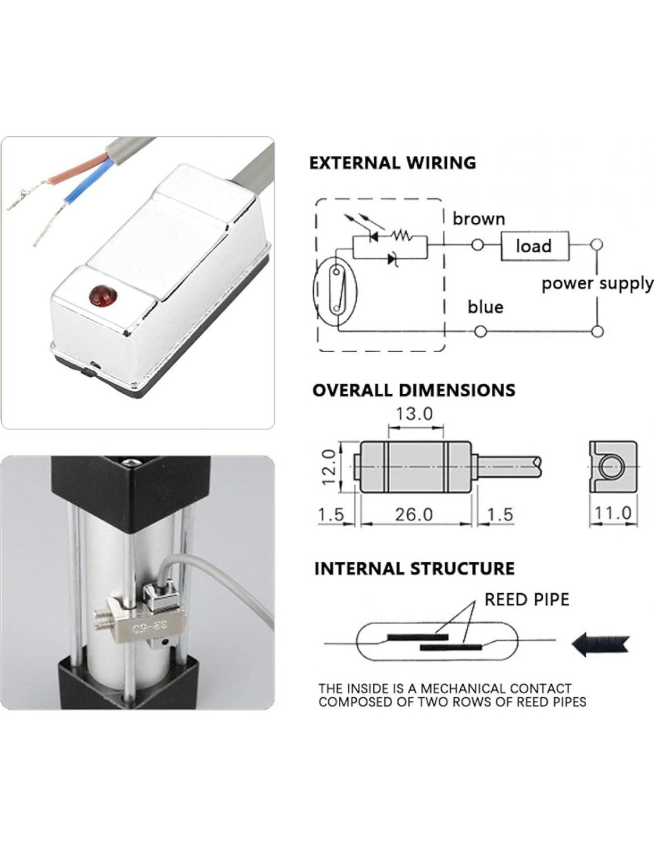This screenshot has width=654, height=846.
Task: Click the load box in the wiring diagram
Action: [534, 245]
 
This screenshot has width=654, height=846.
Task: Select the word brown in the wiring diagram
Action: [479, 219]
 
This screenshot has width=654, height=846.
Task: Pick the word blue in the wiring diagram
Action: [485, 307]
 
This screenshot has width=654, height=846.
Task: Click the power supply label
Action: [597, 283]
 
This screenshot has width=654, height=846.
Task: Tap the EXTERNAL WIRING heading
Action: [392, 162]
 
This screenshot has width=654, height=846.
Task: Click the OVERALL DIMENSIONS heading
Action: [414, 390]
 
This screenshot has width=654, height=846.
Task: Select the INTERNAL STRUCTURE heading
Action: [414, 569]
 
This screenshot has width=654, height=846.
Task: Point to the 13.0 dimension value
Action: [414, 413]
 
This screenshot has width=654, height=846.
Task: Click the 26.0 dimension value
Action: [414, 514]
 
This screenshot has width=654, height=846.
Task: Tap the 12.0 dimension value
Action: [329, 467]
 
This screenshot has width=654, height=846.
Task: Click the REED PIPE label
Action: [527, 599]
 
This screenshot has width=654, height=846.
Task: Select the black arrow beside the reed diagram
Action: [600, 643]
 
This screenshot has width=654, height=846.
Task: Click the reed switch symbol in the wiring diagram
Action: [337, 289]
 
